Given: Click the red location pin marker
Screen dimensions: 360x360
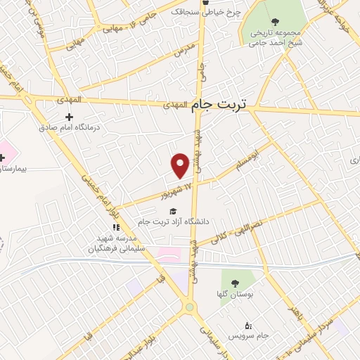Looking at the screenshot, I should coord(181,164).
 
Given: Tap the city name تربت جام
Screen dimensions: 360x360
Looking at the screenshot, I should coord(219,104).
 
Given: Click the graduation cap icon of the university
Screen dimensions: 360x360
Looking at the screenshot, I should coord(172,212).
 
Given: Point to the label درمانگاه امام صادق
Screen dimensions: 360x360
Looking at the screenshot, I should coord(69,128).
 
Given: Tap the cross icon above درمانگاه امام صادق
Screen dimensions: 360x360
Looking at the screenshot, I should coord(69,117).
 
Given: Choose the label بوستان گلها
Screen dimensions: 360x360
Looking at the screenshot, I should coord(236,294).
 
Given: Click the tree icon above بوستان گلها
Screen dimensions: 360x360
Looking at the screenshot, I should coord(235,283).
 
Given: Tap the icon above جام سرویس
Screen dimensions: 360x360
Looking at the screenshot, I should coord(247,326).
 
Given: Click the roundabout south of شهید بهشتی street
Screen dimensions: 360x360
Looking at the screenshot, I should coord(189,307).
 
